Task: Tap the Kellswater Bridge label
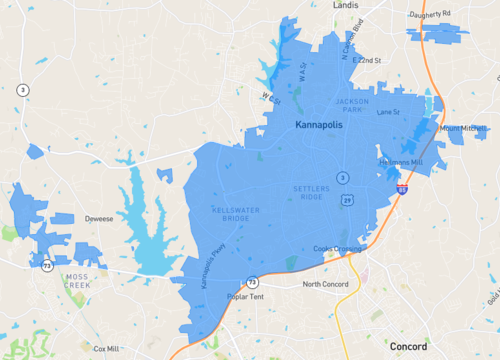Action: click(231, 213)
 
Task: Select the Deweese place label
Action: click(98, 216)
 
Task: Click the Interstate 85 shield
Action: click(401, 186)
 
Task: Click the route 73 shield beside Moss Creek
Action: click(47, 265)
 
